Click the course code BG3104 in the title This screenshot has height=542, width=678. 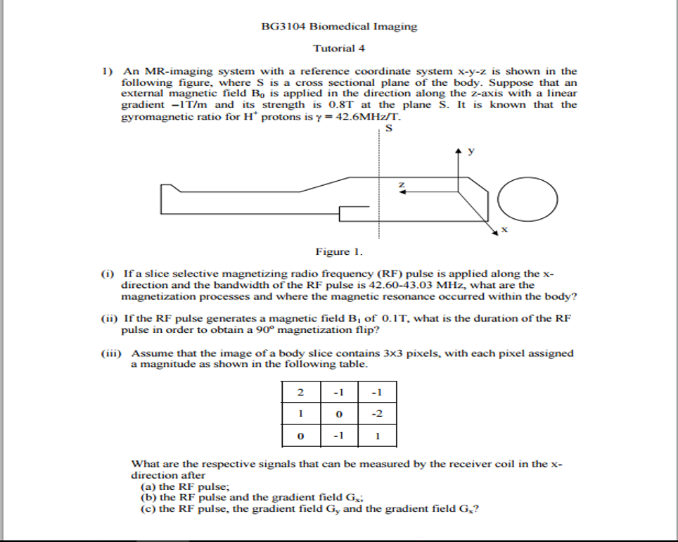pos(280,27)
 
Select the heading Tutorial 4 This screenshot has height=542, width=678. pos(339,49)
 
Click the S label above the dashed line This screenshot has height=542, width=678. pos(388,127)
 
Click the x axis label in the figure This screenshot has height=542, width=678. pos(504,230)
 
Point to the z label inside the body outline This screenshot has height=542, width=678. pos(402,185)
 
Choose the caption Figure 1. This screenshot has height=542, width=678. pos(339,251)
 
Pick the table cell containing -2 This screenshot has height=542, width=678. pos(377,414)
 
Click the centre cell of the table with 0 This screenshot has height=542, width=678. pos(339,414)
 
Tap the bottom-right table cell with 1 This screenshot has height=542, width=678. pos(377,436)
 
